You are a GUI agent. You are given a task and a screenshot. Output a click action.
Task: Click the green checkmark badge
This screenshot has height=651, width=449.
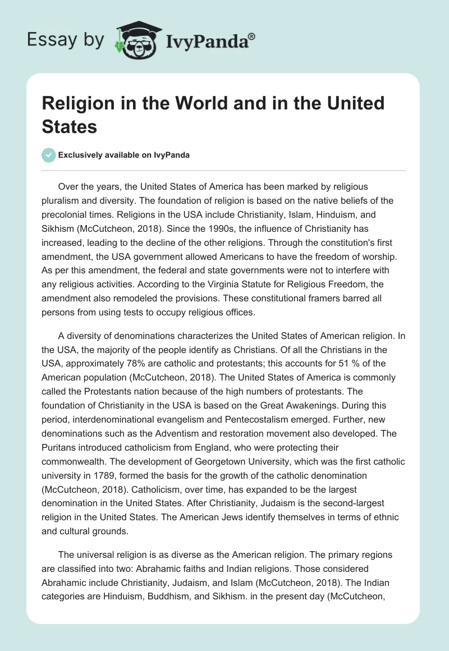point(49,155)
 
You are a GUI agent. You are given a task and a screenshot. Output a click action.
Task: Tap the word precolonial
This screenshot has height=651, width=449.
point(67,212)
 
